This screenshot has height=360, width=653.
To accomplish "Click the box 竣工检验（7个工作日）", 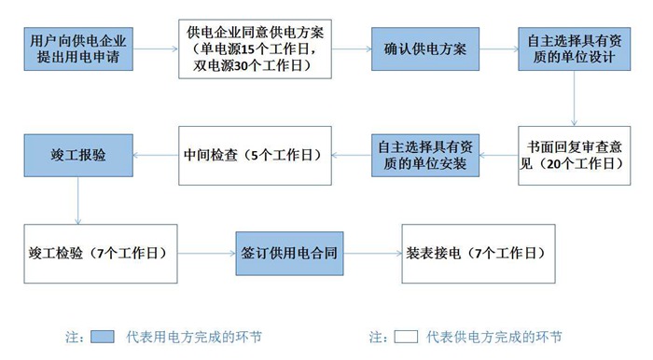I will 100,253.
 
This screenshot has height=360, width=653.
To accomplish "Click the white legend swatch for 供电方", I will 405,337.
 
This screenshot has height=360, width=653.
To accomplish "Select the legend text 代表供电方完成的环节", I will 494,337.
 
